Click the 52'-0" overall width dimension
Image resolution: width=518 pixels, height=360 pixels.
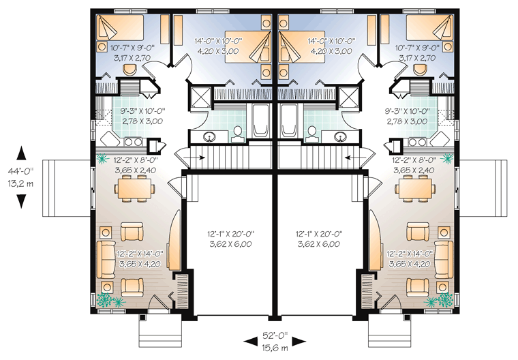pos(275,336)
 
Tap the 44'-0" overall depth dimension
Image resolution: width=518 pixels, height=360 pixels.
pos(21,171)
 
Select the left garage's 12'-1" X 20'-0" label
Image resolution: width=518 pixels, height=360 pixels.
pos(230,234)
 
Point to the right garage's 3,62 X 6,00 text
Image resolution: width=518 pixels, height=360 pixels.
pos(319,244)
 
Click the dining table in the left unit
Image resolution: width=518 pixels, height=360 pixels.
pos(135,188)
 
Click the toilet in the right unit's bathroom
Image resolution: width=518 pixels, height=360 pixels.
pos(311,134)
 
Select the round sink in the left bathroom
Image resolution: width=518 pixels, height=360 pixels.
pos(209,136)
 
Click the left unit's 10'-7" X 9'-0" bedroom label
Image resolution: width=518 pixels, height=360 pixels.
pos(131,48)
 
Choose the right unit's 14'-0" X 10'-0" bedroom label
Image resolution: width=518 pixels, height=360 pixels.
pos(331,41)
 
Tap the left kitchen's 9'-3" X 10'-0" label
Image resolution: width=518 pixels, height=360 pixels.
pos(142,111)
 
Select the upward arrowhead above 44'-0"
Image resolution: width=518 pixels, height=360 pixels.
pos(21,153)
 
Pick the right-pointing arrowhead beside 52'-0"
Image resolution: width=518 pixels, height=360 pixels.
pos(299,342)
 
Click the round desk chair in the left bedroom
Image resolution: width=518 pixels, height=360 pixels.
pos(129,70)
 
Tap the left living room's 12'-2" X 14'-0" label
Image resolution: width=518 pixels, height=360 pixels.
pos(140,254)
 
